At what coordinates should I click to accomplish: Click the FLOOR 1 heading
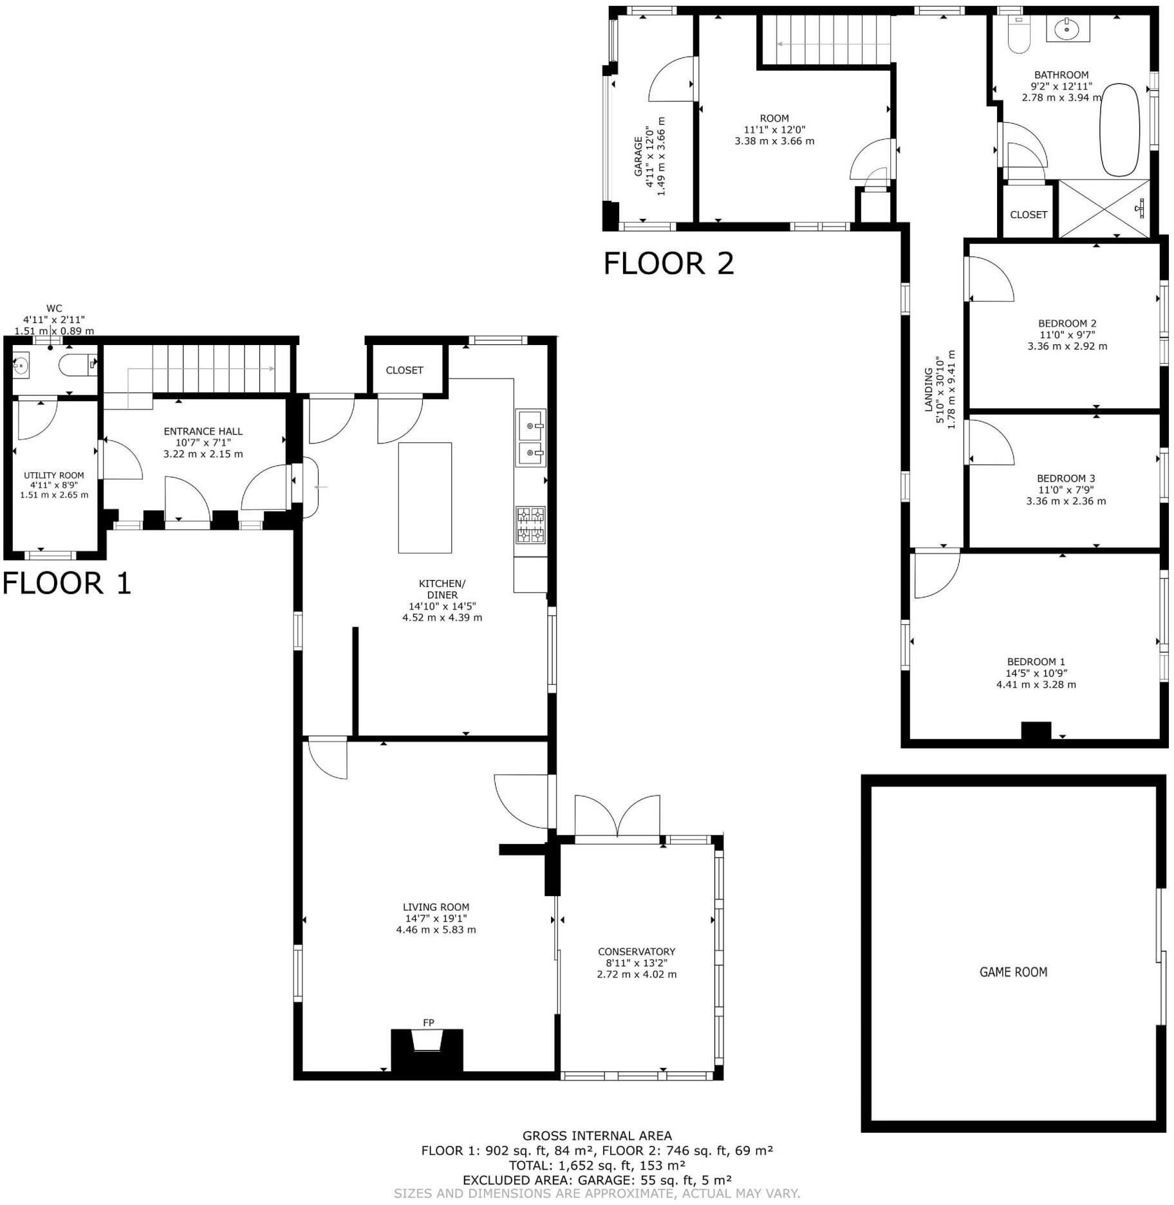click(x=67, y=583)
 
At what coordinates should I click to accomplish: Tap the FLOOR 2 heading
click(x=669, y=263)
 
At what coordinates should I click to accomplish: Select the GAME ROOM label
click(x=1013, y=972)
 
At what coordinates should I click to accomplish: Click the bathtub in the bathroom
click(x=1119, y=129)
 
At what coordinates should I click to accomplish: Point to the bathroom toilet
click(x=1018, y=35)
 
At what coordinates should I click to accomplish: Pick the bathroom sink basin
click(x=1067, y=28)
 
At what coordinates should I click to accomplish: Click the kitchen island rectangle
click(x=425, y=498)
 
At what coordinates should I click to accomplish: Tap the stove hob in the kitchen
click(x=530, y=525)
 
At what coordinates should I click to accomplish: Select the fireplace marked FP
click(x=427, y=1051)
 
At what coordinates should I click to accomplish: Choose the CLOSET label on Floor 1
click(x=404, y=370)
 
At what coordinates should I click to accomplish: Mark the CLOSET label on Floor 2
click(x=1029, y=214)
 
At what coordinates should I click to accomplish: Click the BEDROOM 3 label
click(x=1066, y=478)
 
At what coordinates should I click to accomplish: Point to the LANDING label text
click(x=929, y=389)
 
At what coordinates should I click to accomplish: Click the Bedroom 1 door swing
click(x=937, y=574)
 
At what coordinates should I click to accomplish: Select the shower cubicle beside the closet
click(x=1104, y=209)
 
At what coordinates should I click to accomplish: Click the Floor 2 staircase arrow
click(x=834, y=44)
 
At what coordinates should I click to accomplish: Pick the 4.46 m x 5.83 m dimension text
click(x=436, y=929)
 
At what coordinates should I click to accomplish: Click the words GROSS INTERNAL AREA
click(x=597, y=1136)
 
